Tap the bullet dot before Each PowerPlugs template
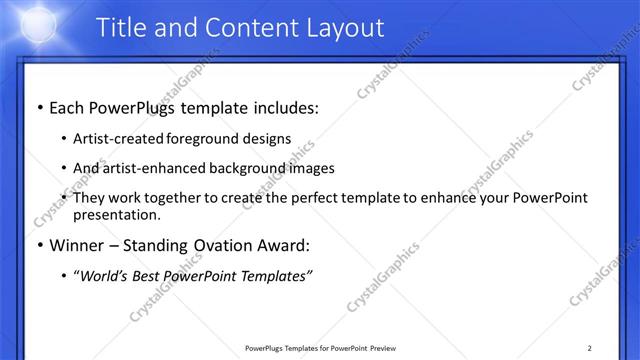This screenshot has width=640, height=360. [39, 108]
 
